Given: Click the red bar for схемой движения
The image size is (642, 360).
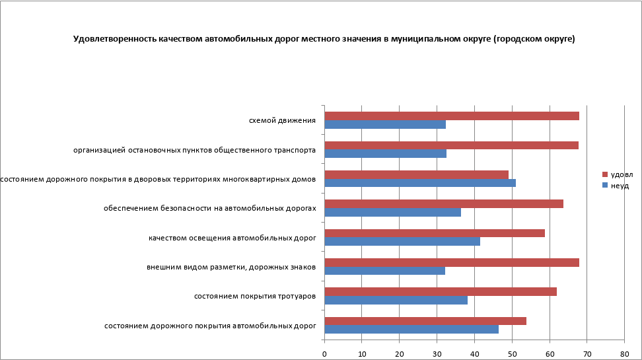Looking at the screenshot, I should coord(452,116).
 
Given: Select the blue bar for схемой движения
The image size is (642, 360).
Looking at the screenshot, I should coord(385,124).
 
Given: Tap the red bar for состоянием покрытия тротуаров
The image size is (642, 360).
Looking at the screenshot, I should coord(441,291).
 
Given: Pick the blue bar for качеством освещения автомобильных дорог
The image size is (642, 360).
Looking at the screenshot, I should coord(402,241).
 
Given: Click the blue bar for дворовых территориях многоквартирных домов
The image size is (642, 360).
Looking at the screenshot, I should coord(420,183).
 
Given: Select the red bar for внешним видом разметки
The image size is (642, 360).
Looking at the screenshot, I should coord(452,262).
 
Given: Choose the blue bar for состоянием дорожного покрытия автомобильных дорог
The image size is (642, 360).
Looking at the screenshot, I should coord(411,329).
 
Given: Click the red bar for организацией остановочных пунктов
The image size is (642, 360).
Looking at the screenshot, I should coord(452,145).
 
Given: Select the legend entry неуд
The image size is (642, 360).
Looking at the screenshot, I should coord(620,186).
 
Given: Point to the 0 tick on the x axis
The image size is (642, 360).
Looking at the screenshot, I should coord(324,353).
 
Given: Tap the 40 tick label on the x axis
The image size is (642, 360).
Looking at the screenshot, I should coord(474,353).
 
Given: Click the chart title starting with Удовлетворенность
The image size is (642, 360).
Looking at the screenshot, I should coord(324,39).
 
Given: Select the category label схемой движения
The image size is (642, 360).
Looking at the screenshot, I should coord(282,121).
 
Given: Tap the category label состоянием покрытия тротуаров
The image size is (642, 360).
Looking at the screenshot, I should coord(254,296).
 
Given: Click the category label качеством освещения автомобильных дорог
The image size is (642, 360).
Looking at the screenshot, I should coord(232,238).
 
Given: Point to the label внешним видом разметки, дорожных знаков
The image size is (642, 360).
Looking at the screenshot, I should coord(231,267).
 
